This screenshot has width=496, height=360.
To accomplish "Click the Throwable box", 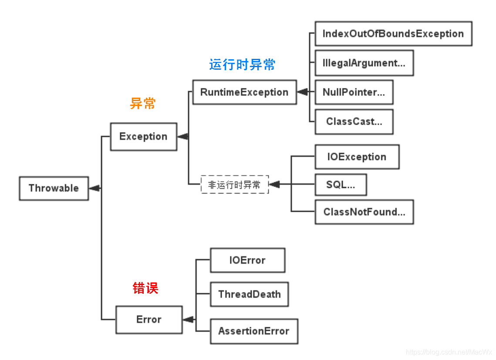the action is tap(54, 188).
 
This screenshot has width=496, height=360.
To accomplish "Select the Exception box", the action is tap(144, 137).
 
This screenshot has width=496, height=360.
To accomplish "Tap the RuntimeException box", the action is tap(245, 92).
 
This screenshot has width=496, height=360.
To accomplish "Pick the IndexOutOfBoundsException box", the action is tap(393, 34).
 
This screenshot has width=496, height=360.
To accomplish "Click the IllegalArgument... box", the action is tap(364, 63).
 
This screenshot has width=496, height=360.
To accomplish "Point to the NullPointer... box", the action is tap(354, 92).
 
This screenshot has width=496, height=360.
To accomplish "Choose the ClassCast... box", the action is tap(354, 122).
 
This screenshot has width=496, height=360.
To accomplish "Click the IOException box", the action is tap(357, 157).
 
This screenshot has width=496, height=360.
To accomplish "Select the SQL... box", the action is tap(341, 185).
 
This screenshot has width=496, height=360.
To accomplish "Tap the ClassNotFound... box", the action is tap(364, 212).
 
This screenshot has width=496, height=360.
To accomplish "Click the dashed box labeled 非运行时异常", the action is tap(235, 184).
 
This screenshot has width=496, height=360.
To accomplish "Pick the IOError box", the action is tap(248, 260).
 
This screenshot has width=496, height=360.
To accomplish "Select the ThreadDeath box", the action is tap(249, 294).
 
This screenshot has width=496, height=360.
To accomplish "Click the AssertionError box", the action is tap(254, 331).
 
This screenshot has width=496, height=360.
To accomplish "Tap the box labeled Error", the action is tap(149, 320).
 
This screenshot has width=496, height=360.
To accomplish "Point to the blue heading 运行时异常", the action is tap(242, 65).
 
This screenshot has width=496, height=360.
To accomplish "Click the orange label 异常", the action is tap(143, 104).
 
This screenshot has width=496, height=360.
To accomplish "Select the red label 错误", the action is tap(145, 288).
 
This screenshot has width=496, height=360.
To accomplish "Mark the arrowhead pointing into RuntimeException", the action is tap(302, 92).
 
